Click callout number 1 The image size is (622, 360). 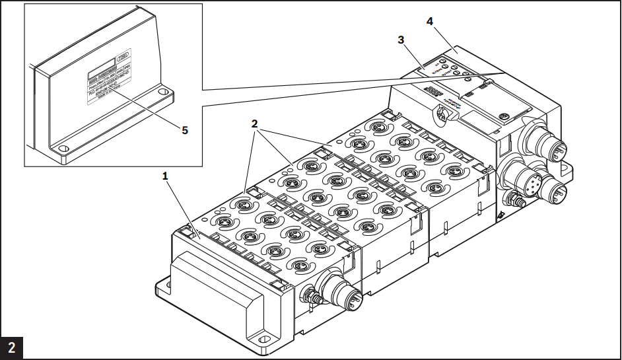point(166,176)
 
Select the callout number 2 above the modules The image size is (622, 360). point(254,123)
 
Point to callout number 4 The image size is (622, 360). point(430,21)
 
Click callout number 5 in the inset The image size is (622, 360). point(186,130)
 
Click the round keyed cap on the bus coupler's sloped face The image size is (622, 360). point(440,115)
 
